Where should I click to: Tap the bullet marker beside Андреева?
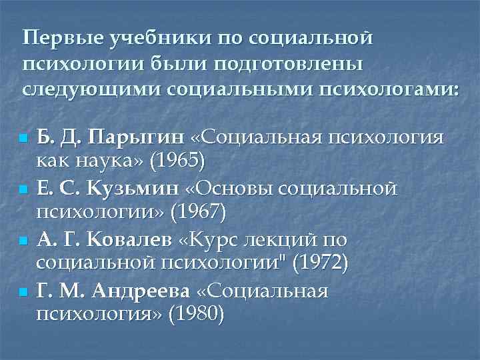(x=23, y=291)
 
